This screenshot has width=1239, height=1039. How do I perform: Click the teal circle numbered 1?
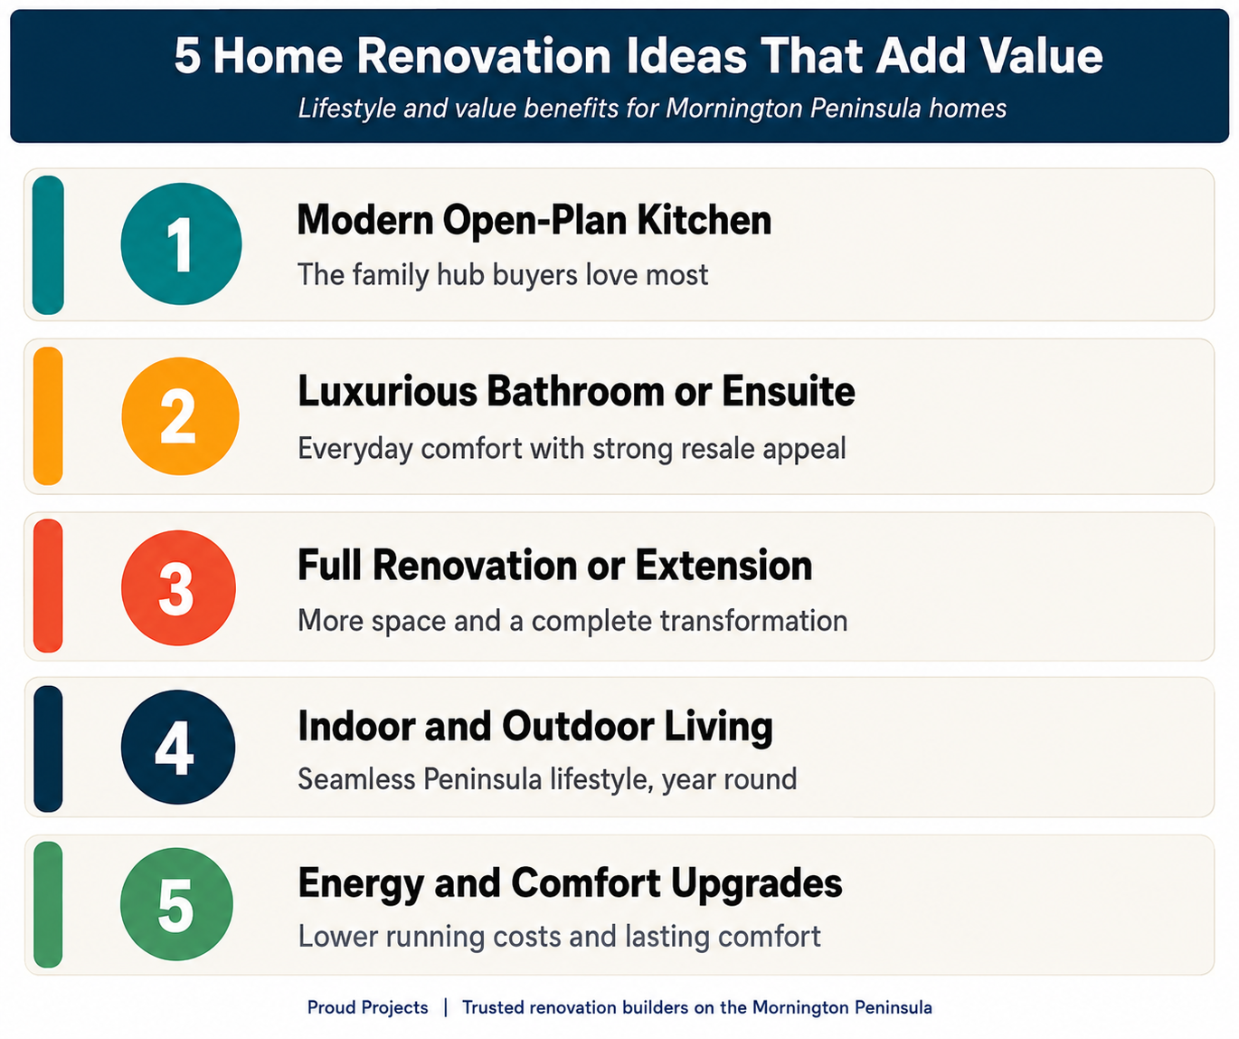pos(181,244)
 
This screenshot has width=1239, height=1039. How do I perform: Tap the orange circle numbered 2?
pos(180,416)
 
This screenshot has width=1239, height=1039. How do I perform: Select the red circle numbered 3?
pos(178,587)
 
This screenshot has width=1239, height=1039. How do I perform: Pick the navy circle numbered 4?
pos(178,747)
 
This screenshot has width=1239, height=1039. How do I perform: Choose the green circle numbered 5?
pos(177,904)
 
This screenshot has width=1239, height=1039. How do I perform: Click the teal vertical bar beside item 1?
pos(48,244)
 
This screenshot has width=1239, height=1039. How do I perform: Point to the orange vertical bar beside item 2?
pos(48,416)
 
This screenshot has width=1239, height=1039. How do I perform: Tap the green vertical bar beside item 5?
pos(48,905)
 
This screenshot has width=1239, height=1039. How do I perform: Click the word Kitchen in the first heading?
pos(704,220)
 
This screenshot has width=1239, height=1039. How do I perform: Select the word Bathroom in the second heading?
pos(575,392)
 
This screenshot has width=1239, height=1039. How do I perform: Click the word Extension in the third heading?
pos(724,566)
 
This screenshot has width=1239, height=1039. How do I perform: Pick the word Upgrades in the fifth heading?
pos(757,884)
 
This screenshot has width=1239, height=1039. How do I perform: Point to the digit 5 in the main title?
pos(187,56)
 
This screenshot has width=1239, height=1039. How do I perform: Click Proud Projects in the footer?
pos(367,1007)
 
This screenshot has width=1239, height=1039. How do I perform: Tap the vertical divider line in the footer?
pos(446,1007)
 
